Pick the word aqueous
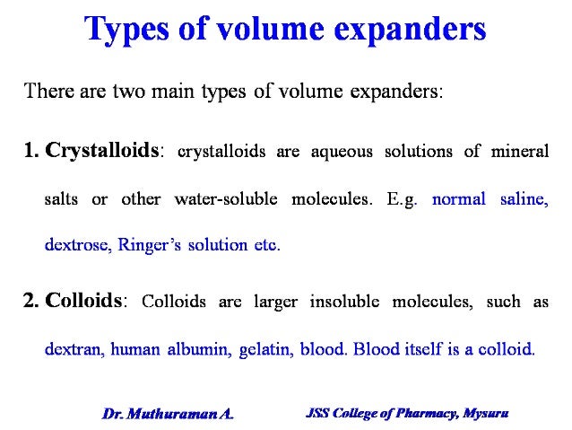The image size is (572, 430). pyautogui.click(x=343, y=152)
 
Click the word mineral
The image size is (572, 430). pyautogui.click(x=518, y=152)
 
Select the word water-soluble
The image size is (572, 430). pyautogui.click(x=232, y=198)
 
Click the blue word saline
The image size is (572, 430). pyautogui.click(x=523, y=198)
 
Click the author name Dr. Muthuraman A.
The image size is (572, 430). pyautogui.click(x=167, y=414)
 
